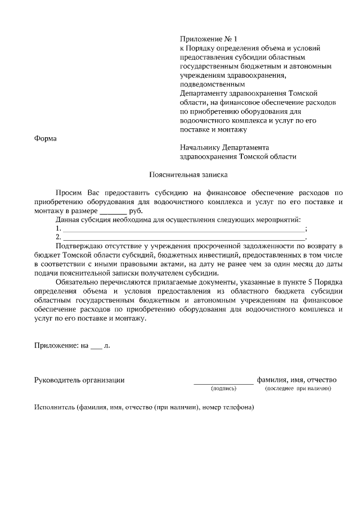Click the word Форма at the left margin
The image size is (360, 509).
[46, 138]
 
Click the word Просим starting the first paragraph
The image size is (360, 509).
[68, 192]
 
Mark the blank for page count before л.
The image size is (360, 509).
[96, 346]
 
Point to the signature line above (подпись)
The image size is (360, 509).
[223, 382]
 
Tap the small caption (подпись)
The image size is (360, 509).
[224, 389]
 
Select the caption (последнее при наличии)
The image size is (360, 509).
[298, 389]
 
